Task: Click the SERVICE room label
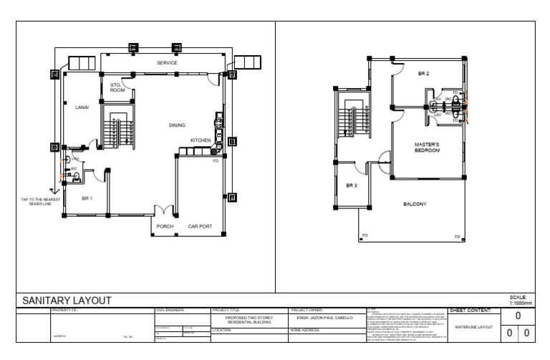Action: [x=167, y=63]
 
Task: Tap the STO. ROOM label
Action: [x=117, y=88]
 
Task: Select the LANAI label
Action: [x=82, y=107]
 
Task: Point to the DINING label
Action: [x=177, y=125]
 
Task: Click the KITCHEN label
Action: [x=200, y=140]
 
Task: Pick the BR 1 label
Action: [x=87, y=198]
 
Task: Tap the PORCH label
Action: [x=165, y=226]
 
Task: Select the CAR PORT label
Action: [x=200, y=226]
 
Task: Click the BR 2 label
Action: [x=423, y=74]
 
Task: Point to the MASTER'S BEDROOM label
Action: [x=427, y=147]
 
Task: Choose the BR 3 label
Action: [x=351, y=186]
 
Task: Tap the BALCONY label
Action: [x=415, y=204]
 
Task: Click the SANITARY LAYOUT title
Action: [x=66, y=301]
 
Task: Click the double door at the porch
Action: [x=165, y=213]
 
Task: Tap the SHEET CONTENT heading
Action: [x=470, y=310]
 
